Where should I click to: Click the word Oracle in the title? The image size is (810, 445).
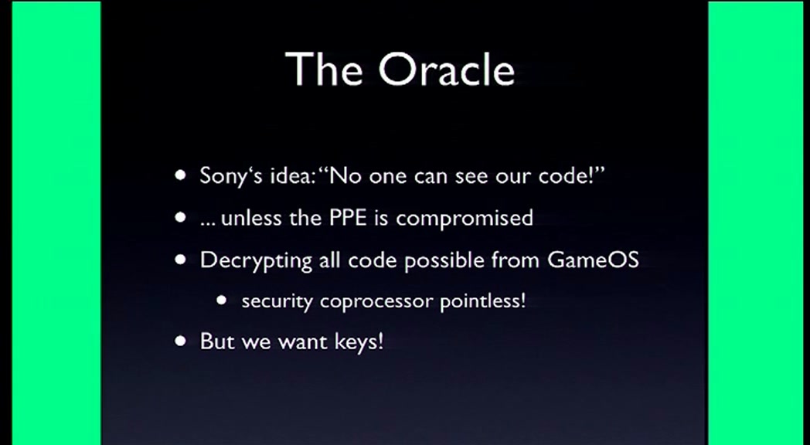[x=448, y=69]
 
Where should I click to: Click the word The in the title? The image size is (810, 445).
[x=323, y=69]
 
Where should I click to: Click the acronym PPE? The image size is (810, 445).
[x=349, y=217]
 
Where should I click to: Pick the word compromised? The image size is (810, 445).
[x=465, y=219]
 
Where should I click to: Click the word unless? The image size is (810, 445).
[x=251, y=217]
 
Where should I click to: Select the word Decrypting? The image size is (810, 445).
[x=256, y=260]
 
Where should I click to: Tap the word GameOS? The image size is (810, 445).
[x=593, y=259]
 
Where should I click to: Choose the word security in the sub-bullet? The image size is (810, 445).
[x=277, y=301]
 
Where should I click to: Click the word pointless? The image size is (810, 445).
[x=482, y=300]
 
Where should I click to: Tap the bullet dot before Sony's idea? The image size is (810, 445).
[x=180, y=175]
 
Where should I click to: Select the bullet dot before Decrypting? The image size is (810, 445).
[x=180, y=259]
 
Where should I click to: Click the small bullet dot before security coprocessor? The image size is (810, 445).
[x=222, y=300]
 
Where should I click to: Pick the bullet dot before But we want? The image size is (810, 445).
[x=180, y=341]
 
